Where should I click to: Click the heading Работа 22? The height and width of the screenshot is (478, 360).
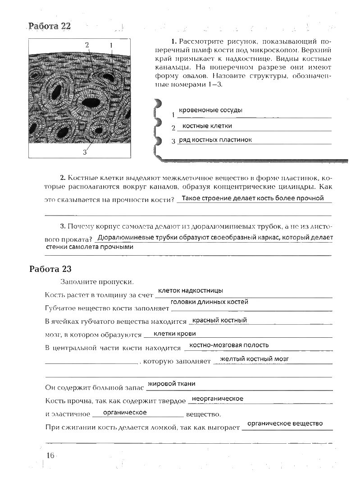point(50,26)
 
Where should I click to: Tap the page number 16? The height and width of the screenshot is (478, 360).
point(50,455)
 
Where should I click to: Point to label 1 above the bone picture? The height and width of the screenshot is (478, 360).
point(110,45)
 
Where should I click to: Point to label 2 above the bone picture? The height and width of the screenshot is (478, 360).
point(87,44)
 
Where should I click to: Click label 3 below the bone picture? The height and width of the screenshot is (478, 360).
point(84,152)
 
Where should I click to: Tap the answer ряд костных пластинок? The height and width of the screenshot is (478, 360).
point(215,140)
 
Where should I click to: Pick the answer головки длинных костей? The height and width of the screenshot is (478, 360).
point(210,302)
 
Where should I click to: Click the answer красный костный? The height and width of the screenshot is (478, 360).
point(219,320)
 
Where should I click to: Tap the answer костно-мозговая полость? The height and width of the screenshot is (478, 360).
point(229,345)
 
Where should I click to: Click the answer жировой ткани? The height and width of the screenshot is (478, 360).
point(172,384)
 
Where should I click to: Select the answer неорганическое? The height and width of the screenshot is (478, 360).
point(217,399)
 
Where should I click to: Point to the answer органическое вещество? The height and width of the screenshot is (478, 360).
point(285,423)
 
